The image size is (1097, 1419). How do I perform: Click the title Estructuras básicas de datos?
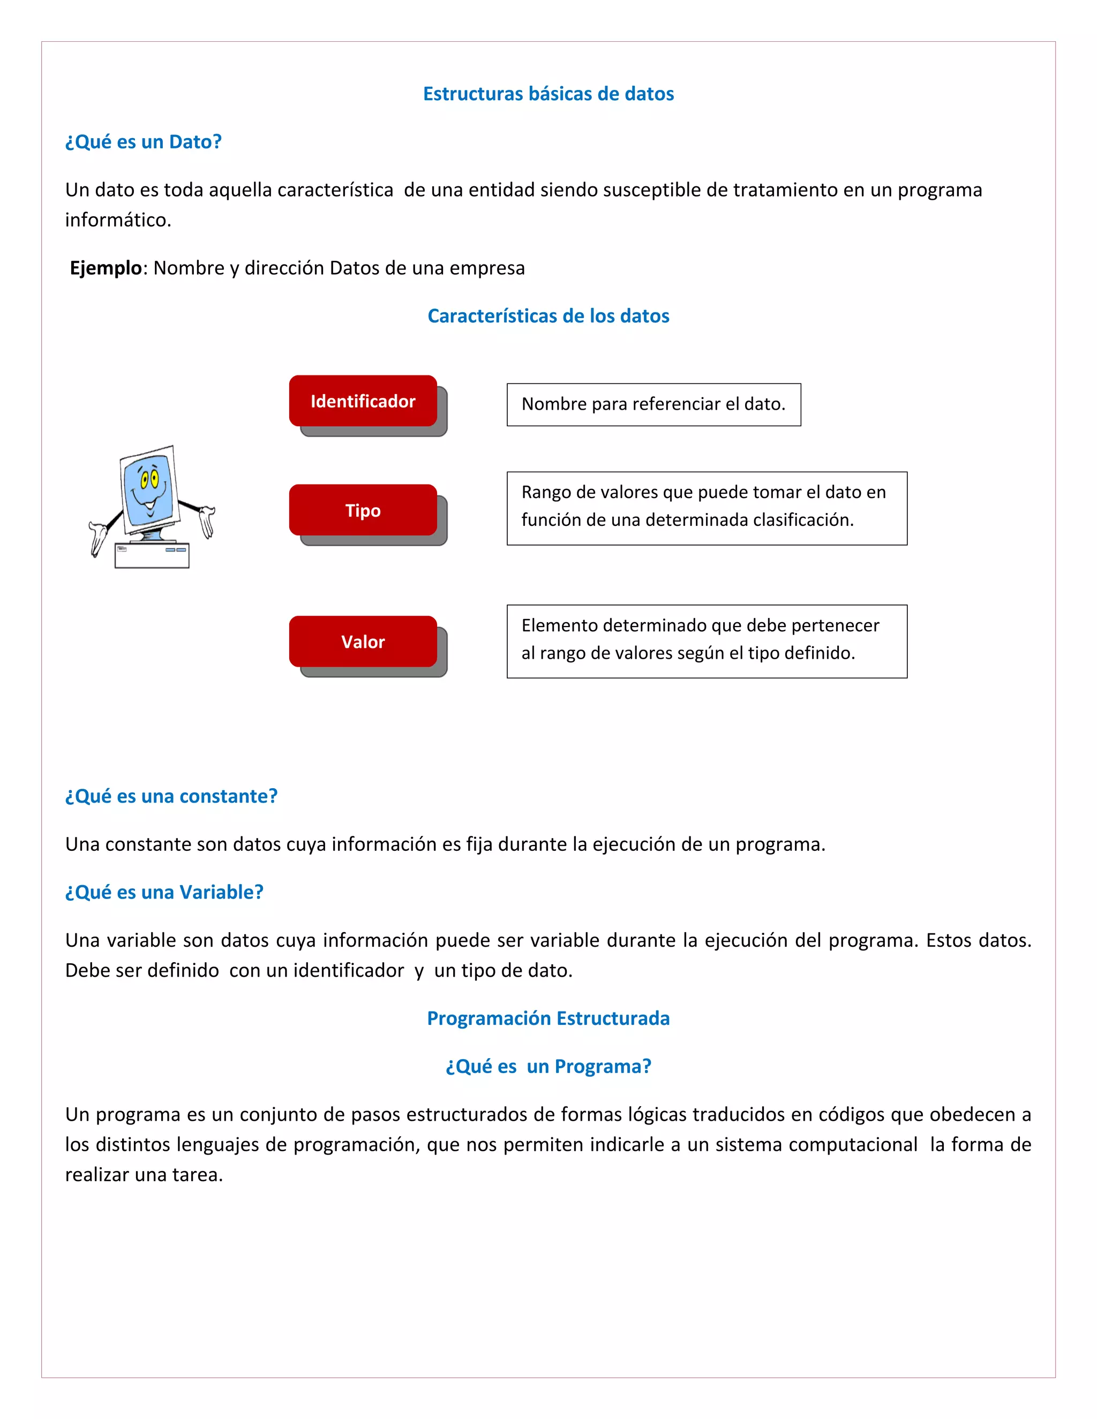tap(548, 94)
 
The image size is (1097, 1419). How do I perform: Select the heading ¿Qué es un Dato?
tap(143, 142)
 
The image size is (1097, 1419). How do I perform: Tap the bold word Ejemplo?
tap(106, 268)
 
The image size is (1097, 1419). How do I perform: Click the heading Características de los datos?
tap(548, 316)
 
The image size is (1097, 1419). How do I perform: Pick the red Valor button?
tap(363, 641)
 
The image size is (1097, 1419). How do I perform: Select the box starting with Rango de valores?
tap(707, 508)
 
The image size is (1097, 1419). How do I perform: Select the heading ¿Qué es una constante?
tap(171, 796)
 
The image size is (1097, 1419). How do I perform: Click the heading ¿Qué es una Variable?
tap(164, 892)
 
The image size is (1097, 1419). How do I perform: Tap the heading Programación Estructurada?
tap(548, 1018)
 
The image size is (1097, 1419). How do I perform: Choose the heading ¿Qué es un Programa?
tap(548, 1066)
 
